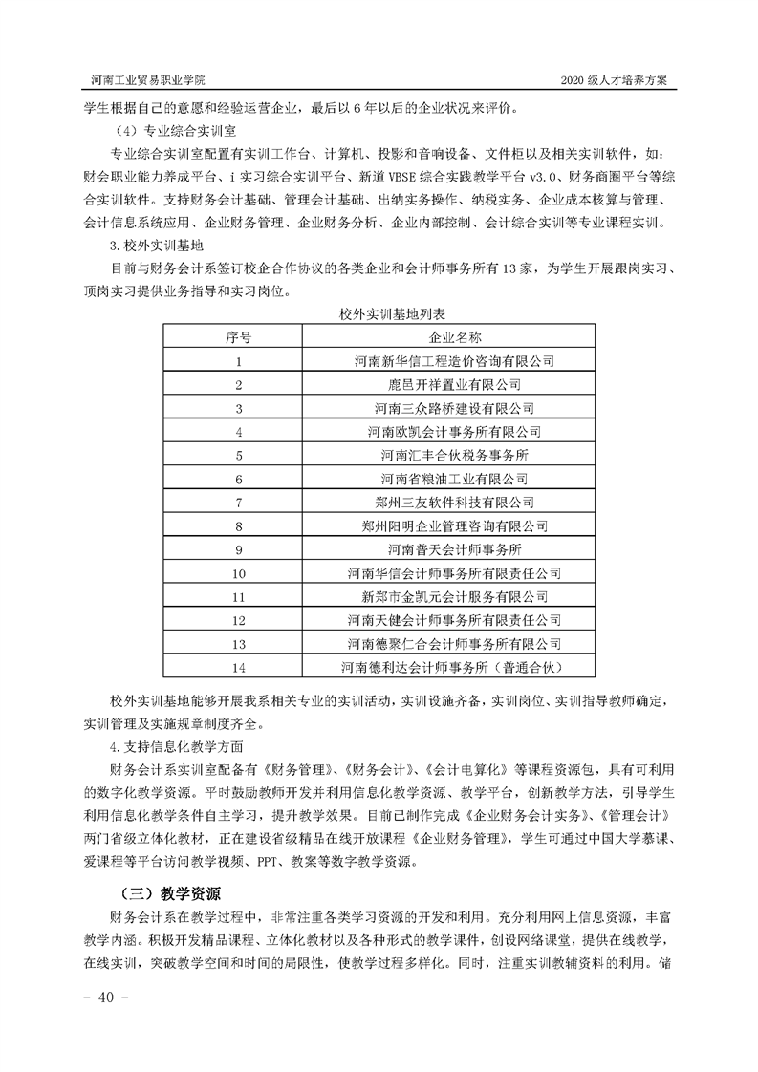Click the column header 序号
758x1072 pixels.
coord(239,337)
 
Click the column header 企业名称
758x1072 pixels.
coord(454,337)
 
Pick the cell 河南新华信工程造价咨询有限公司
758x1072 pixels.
coord(454,361)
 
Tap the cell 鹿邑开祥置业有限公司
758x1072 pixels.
coord(454,385)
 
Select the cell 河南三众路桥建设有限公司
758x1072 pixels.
coord(454,408)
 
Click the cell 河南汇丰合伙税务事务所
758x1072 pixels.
coord(454,455)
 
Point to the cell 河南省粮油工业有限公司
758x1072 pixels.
coord(454,479)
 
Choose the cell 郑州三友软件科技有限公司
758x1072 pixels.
coord(454,502)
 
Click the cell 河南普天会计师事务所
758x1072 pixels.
coord(454,549)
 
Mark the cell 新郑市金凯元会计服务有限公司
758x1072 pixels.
coord(454,596)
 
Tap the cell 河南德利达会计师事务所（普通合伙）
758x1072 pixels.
coord(454,667)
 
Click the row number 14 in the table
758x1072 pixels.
coord(239,667)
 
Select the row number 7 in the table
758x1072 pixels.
coord(239,502)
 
